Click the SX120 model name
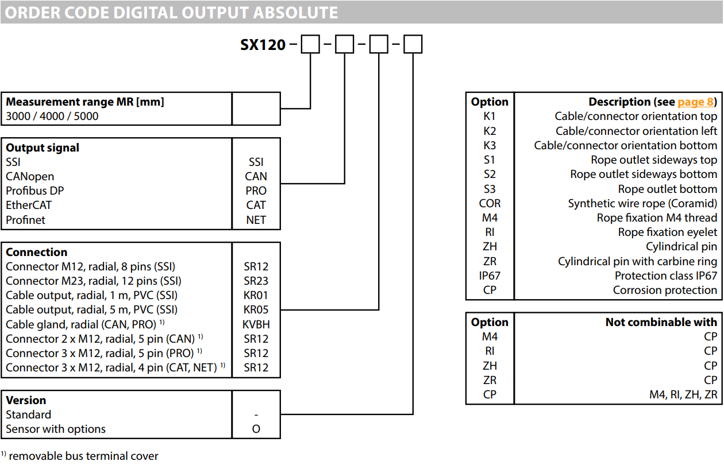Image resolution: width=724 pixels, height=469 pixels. (263, 45)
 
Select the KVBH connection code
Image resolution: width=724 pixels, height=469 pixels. (256, 324)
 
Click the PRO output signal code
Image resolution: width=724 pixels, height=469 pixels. (256, 191)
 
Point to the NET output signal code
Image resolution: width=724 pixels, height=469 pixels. (256, 220)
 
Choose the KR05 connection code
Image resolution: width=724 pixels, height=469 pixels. (256, 310)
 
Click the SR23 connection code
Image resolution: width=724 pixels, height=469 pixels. (256, 281)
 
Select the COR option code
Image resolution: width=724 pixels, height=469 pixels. (490, 203)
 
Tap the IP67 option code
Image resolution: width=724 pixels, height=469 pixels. (490, 276)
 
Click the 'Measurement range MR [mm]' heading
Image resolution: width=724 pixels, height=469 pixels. (85, 102)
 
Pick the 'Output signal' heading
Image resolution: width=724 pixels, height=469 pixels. (43, 148)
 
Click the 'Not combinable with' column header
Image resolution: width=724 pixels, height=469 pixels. (661, 322)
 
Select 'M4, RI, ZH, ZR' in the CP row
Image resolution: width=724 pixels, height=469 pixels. (683, 395)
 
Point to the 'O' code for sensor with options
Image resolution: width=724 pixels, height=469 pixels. (256, 429)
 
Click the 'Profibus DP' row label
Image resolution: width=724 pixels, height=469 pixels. (35, 191)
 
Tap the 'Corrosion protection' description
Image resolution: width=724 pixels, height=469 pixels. (665, 290)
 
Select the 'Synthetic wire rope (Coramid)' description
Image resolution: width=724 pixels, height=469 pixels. (642, 203)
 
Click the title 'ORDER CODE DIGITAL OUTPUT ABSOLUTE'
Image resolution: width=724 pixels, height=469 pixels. (171, 13)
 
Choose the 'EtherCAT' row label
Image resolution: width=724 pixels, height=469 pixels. (29, 205)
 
